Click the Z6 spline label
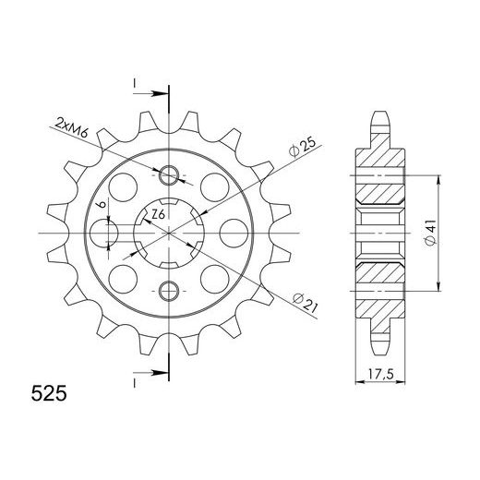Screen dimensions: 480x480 point(158,215)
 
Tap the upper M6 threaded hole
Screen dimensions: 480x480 point(169,175)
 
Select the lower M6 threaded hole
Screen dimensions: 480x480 point(169,292)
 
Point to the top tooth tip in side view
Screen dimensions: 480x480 point(379,117)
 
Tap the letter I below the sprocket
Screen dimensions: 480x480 point(135,381)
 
